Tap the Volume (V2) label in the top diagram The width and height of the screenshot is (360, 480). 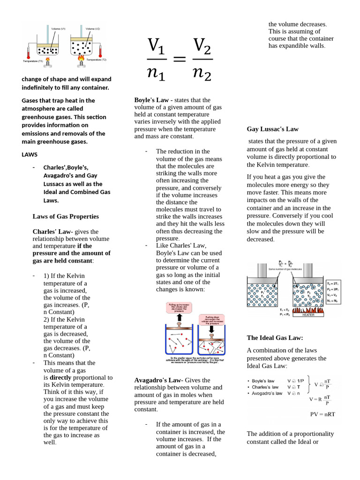click(92, 29)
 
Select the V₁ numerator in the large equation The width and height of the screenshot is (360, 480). click(156, 46)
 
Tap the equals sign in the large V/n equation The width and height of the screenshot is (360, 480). click(180, 60)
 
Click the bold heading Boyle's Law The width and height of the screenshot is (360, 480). click(151, 100)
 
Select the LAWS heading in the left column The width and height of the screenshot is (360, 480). click(30, 154)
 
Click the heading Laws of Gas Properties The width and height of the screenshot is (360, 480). click(65, 217)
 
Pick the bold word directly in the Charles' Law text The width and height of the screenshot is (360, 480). click(60, 377)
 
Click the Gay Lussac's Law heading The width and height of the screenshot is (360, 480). click(272, 129)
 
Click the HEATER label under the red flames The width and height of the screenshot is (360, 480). click(308, 315)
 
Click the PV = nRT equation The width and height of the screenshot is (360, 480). click(322, 414)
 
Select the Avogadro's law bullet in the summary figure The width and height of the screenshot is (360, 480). click(267, 393)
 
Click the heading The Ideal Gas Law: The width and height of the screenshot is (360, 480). click(275, 337)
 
